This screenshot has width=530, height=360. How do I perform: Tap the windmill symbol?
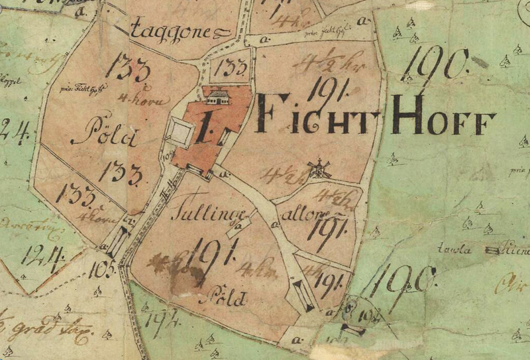point(319,168)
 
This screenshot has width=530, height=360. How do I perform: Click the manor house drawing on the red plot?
point(217,97)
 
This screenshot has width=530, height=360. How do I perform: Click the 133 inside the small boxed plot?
point(233,68)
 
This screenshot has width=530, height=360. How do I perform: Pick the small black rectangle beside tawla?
point(493,250)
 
